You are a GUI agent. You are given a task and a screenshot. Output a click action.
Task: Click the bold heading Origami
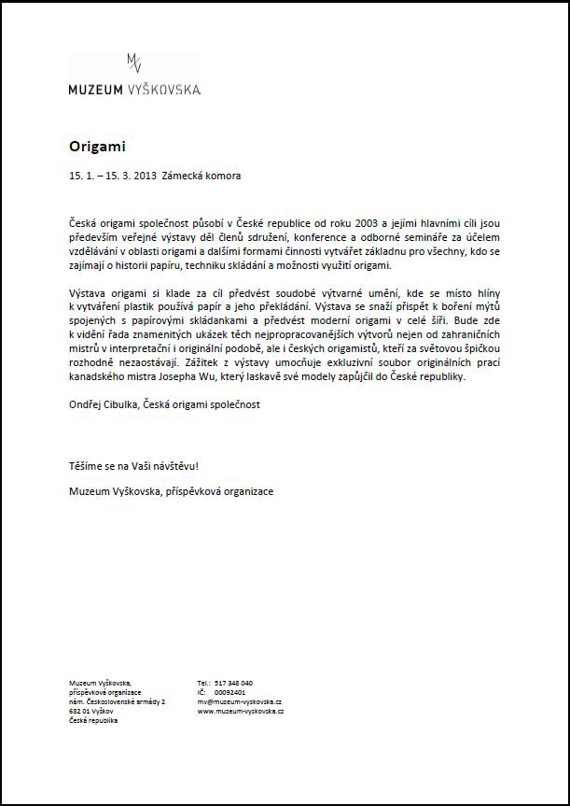(96, 147)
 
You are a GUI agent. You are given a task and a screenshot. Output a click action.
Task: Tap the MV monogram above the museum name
(134, 64)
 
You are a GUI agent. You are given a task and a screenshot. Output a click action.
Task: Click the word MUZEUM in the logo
(95, 90)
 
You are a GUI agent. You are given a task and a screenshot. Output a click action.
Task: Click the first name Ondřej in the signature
(87, 404)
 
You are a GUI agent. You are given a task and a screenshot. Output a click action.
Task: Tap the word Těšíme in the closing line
(87, 465)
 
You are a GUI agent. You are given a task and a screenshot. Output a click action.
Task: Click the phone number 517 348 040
(233, 683)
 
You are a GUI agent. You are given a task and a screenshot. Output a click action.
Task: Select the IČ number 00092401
(229, 692)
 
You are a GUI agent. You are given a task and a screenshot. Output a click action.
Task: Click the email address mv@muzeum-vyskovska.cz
(240, 701)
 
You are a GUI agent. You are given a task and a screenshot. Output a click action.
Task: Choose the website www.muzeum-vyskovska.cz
(241, 711)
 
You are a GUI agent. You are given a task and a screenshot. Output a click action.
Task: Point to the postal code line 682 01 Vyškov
(90, 711)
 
